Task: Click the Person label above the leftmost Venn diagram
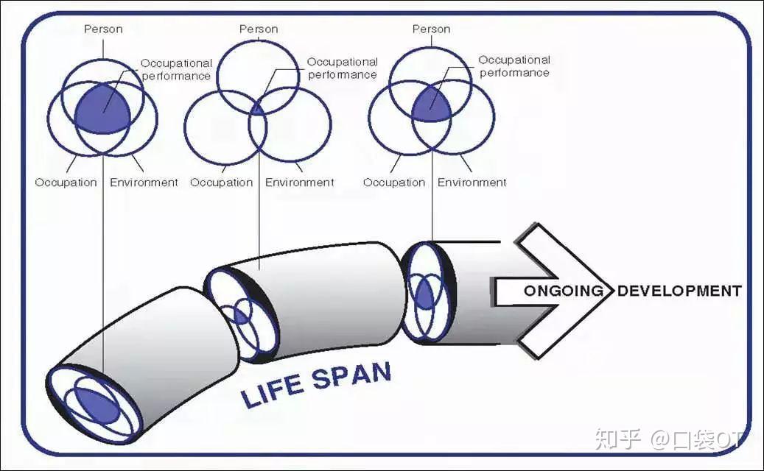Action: [103, 29]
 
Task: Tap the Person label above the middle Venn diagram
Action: [259, 29]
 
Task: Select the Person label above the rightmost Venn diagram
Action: [431, 29]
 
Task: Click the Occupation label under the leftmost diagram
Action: [66, 183]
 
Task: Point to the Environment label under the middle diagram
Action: [300, 183]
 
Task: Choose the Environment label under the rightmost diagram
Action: [472, 183]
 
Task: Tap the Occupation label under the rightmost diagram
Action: [394, 183]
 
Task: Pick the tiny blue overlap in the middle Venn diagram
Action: [257, 110]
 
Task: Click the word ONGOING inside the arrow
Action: [564, 291]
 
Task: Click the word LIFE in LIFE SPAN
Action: [272, 391]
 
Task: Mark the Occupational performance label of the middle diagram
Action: [343, 68]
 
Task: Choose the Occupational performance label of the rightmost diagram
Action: [514, 67]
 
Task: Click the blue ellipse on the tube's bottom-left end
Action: [97, 405]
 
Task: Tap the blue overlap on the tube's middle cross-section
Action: [241, 316]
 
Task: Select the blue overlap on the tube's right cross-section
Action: [425, 295]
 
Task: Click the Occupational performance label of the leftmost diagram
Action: [176, 70]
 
